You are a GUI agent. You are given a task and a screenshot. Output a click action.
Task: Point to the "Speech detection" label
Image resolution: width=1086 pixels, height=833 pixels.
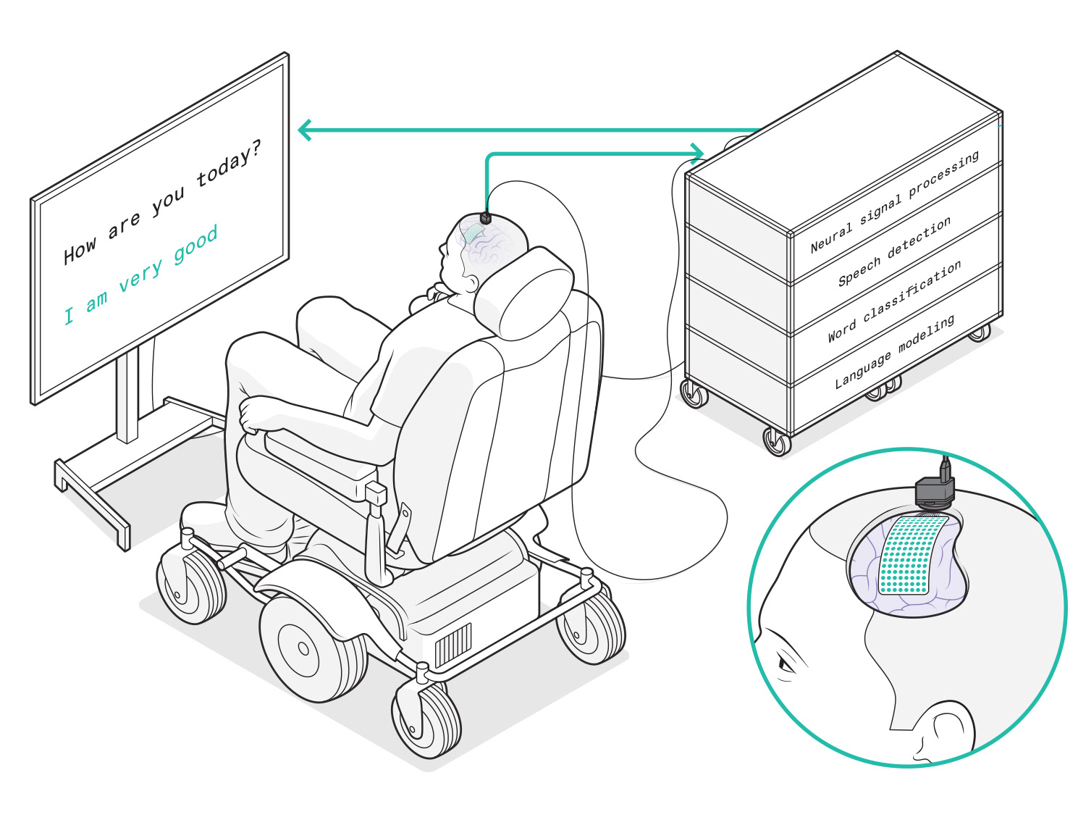[894, 251]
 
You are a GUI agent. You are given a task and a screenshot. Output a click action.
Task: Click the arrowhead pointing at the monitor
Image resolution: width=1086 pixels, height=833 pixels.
[306, 130]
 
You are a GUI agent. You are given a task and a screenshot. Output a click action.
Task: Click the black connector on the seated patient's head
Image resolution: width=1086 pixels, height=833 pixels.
[485, 216]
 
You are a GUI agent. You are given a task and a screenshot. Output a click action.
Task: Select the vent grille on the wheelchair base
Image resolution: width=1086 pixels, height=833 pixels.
[452, 643]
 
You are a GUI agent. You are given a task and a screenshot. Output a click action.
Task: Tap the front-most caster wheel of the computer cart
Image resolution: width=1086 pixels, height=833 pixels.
[777, 441]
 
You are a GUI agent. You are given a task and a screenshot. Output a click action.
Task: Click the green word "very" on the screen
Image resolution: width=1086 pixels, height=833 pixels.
[141, 276]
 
